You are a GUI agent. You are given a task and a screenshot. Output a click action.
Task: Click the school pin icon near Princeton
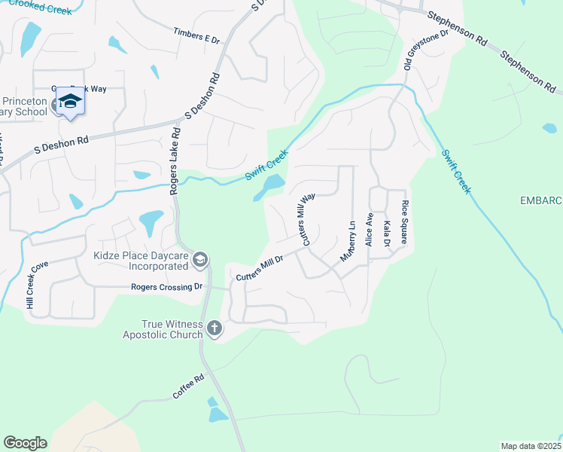[x=70, y=102]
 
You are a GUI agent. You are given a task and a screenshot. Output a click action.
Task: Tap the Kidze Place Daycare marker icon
[x=199, y=261]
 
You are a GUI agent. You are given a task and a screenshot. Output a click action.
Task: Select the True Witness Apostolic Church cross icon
[x=215, y=328]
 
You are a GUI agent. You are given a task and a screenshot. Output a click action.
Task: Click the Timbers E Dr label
[x=196, y=35]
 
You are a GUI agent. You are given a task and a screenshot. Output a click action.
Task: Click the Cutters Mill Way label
[x=308, y=219]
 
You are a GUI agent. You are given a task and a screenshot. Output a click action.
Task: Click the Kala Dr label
[x=386, y=234]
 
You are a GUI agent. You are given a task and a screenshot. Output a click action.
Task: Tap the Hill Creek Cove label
[x=35, y=284]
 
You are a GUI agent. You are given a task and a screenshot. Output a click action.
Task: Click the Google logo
[x=25, y=442]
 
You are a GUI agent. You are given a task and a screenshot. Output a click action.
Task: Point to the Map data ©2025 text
[x=531, y=446]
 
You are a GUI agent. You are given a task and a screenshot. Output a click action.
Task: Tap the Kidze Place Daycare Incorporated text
[x=141, y=261]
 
